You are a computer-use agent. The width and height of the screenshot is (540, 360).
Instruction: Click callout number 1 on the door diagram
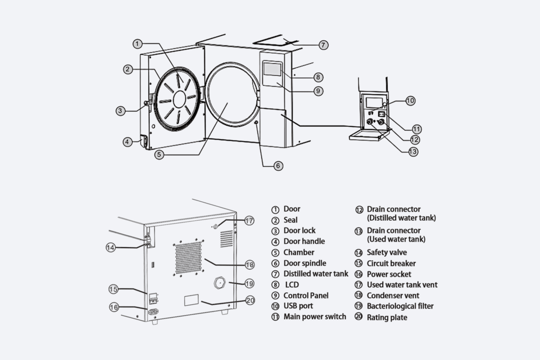pos(137,44)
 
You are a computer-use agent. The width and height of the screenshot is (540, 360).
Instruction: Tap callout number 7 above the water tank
pos(323,45)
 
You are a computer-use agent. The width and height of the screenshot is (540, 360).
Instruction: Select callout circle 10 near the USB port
pos(410,101)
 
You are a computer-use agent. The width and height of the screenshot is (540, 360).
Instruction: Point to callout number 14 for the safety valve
pos(111,247)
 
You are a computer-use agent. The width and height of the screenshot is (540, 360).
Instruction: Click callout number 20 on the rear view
pos(250,300)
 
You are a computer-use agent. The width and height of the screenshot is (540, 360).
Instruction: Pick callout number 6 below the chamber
pos(278,166)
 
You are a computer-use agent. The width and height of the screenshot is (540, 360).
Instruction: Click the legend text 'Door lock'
pos(299,230)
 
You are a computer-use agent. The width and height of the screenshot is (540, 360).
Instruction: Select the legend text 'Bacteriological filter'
pos(400,306)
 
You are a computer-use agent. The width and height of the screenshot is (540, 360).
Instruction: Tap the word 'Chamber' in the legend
pos(299,252)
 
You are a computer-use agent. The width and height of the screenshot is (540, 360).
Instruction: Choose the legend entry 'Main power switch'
pos(314,316)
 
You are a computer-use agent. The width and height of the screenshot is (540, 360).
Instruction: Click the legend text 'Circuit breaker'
pos(391,263)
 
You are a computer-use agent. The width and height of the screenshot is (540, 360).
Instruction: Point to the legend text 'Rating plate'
pos(387,317)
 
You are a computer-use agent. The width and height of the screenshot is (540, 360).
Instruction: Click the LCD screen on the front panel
pos(271,70)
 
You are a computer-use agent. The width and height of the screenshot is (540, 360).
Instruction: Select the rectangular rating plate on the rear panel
pos(192,300)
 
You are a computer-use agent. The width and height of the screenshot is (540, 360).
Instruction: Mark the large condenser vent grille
pos(188,258)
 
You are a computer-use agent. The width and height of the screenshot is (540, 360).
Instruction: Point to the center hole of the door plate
pos(179,99)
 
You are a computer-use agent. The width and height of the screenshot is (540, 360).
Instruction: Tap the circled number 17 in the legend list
pos(359,285)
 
